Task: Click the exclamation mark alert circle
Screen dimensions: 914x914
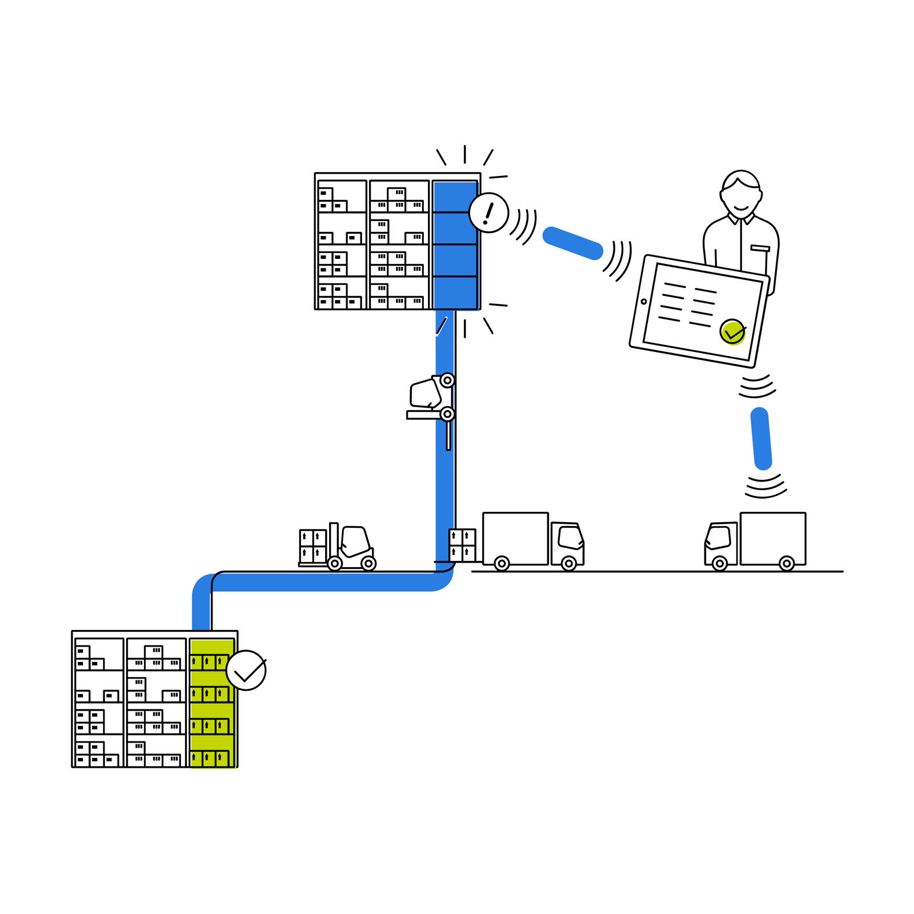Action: point(488,213)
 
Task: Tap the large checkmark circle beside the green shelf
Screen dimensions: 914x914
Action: point(246,670)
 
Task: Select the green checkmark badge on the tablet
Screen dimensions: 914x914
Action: point(732,332)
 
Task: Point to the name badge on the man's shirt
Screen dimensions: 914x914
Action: point(760,248)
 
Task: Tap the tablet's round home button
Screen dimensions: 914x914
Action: point(644,302)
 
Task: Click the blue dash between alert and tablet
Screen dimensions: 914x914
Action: point(572,243)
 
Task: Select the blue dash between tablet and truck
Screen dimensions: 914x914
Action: point(761,439)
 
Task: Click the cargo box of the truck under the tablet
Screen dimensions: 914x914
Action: point(773,538)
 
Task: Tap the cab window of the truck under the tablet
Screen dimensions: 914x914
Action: point(719,537)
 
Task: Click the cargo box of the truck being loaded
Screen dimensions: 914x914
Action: point(515,538)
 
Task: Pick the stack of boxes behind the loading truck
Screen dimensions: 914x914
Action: point(462,545)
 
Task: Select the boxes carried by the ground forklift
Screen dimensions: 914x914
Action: point(313,546)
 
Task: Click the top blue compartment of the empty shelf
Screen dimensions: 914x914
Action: point(455,197)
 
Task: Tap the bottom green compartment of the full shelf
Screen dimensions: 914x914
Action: point(212,751)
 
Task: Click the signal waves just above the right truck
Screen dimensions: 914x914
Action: point(765,486)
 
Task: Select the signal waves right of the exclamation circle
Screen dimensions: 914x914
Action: point(524,226)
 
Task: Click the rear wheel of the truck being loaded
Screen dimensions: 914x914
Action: point(502,564)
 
